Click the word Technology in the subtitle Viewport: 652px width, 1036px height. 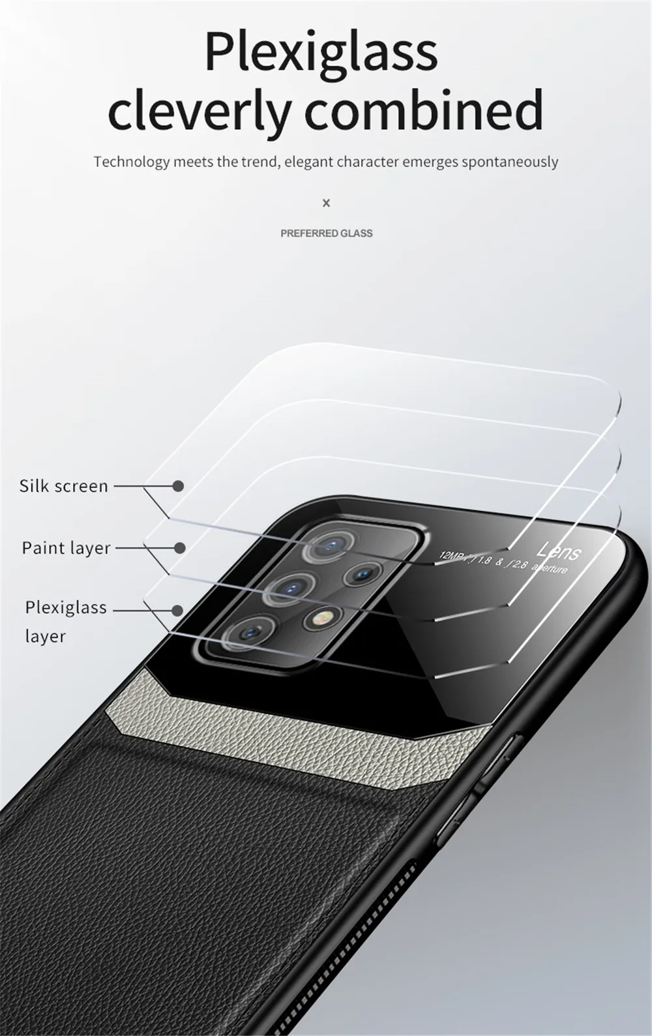[x=131, y=162]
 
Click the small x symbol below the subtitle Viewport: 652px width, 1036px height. [x=326, y=203]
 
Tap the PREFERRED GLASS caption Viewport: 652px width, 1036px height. [x=326, y=233]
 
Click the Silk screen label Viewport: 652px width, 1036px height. [x=63, y=486]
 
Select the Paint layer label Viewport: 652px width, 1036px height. [x=66, y=547]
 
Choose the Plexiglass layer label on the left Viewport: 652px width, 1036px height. [x=65, y=620]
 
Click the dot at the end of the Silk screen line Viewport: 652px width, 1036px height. [x=178, y=486]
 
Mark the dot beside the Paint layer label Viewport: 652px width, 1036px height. [x=180, y=548]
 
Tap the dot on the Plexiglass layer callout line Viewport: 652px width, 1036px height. [x=177, y=611]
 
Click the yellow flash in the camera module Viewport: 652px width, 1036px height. [x=321, y=617]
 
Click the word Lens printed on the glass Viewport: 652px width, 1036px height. [x=559, y=552]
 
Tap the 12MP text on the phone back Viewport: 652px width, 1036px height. [x=451, y=556]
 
